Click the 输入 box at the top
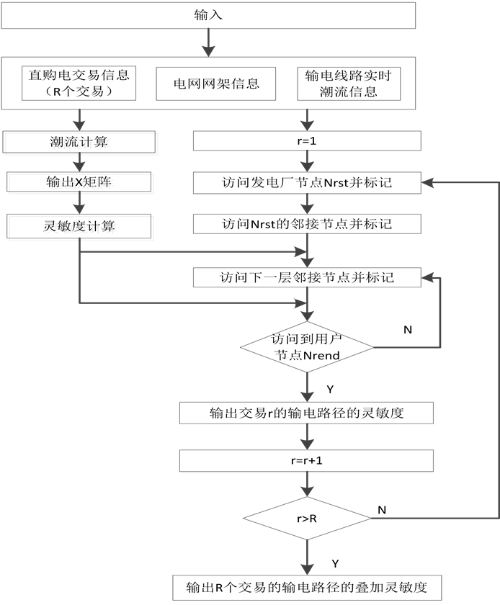point(210,17)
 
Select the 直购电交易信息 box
point(79,85)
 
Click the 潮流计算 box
point(81,143)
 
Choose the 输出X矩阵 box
point(81,184)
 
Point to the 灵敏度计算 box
point(81,228)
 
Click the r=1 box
point(309,143)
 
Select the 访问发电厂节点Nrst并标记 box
point(309,184)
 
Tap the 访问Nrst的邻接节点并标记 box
point(309,226)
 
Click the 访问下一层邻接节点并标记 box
point(309,279)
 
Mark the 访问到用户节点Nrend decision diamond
point(309,348)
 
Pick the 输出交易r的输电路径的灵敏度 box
point(309,415)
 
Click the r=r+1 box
point(309,462)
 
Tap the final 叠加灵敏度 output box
point(309,588)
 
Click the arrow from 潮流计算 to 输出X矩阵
point(81,163)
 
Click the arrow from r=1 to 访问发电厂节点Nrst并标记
point(309,163)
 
